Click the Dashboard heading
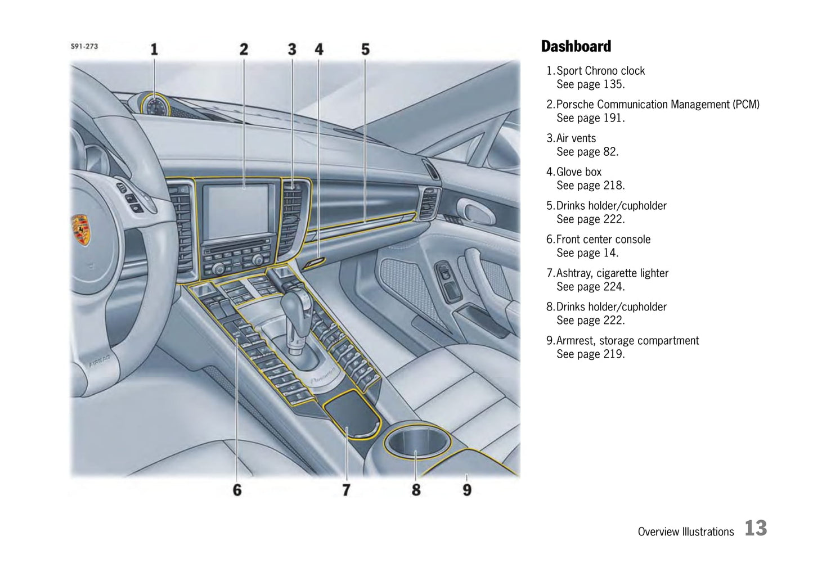coord(576,47)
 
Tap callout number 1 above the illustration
coord(154,49)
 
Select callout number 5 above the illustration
coord(366,49)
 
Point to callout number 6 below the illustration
coord(237,490)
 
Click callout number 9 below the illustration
coord(467,490)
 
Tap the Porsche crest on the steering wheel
coord(80,229)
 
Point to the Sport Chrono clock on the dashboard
coord(156,106)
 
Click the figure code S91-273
coord(84,47)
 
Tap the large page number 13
coord(756,528)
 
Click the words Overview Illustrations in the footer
coord(686,531)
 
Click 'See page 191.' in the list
coord(591,118)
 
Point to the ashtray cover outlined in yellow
coord(351,413)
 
